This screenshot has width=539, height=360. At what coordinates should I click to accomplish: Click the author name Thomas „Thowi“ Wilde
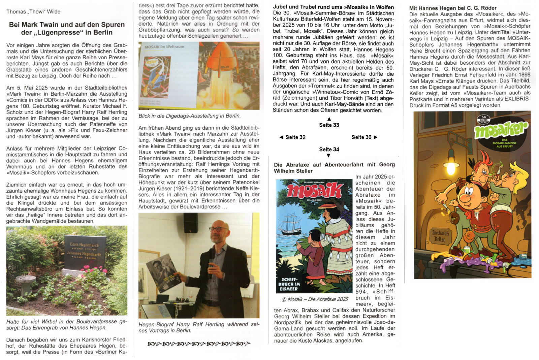[33, 12]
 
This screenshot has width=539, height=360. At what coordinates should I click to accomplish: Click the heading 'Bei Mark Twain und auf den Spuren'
[67, 25]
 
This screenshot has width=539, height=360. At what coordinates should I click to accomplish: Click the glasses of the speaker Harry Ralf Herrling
[218, 229]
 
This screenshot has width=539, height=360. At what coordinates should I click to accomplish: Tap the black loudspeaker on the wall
[190, 223]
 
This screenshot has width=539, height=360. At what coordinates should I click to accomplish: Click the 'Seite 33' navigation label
[329, 125]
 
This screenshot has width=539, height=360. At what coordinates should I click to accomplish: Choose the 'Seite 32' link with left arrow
[292, 137]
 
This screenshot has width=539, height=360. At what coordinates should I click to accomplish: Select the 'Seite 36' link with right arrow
[364, 137]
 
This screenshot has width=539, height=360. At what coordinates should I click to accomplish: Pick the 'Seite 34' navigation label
[329, 149]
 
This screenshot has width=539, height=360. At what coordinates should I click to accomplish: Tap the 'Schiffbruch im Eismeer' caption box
[289, 284]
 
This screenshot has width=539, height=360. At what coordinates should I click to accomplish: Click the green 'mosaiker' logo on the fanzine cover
[501, 129]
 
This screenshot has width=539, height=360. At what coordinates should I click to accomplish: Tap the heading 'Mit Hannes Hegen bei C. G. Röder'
[453, 8]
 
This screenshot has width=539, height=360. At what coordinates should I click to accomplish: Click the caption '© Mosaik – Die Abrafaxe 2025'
[315, 299]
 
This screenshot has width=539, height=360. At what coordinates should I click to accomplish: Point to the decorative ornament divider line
[199, 344]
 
